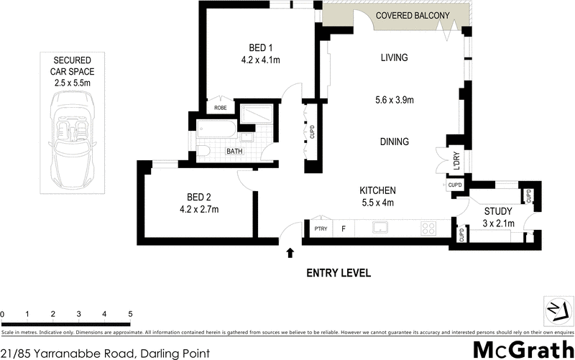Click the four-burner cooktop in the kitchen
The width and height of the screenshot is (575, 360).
coord(428,229)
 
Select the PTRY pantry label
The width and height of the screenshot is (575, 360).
coord(321,229)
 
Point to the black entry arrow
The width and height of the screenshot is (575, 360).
coord(290,253)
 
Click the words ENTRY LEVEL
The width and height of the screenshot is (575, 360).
coord(338,273)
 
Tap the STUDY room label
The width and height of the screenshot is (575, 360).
coord(497,211)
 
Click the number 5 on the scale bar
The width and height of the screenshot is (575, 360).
coord(130,314)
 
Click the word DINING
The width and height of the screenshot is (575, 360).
coord(395,142)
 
